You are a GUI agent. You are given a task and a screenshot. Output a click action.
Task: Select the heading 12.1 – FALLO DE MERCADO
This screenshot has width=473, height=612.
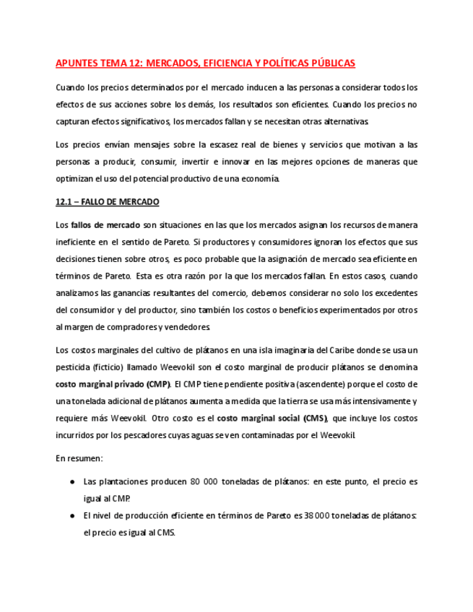coord(107,202)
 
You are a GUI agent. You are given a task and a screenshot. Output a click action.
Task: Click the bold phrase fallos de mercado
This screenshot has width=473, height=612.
coord(106,225)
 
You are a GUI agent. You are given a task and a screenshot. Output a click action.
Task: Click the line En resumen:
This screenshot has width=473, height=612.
coord(79,458)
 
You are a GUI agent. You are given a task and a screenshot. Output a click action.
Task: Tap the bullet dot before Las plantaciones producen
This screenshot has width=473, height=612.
coord(71,481)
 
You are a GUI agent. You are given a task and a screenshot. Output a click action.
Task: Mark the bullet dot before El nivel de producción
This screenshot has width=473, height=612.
coord(71,515)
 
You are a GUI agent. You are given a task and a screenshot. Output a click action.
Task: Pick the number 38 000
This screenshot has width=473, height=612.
coord(317,515)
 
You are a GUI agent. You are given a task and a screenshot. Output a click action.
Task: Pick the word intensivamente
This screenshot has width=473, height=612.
coord(364,401)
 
